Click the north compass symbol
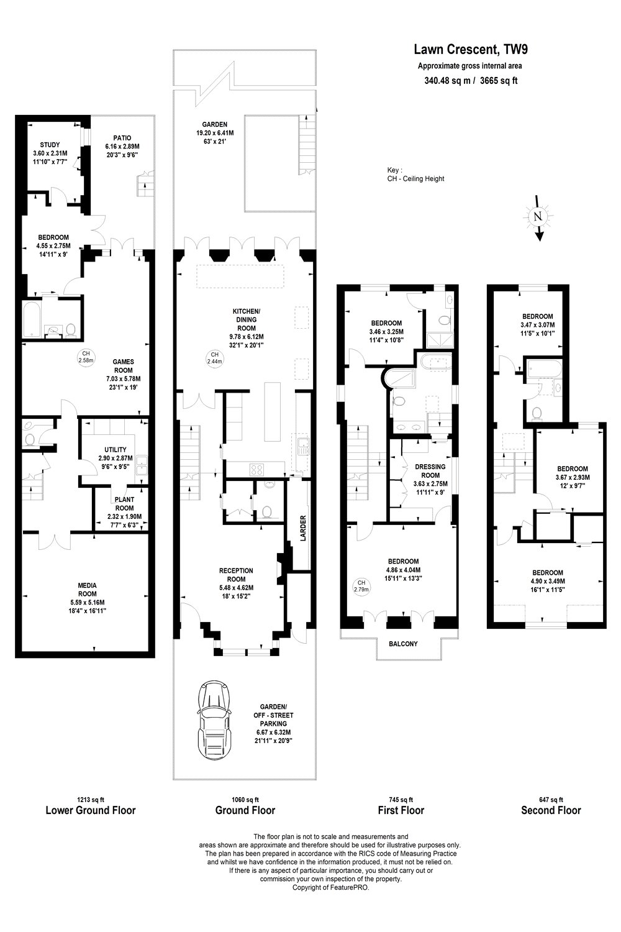(538, 217)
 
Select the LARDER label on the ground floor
(303, 528)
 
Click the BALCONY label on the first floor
(403, 644)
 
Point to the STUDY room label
(50, 145)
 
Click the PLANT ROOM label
(124, 503)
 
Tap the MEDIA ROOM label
(88, 590)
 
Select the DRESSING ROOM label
(430, 471)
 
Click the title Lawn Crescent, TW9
(471, 50)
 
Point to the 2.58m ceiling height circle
(86, 357)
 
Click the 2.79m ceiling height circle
(361, 587)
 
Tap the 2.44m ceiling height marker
(215, 358)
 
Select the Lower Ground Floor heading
(91, 810)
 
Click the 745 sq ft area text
(401, 799)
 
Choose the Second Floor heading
(551, 810)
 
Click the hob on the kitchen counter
(256, 469)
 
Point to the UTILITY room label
(116, 449)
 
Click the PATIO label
(122, 138)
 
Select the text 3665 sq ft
(499, 81)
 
